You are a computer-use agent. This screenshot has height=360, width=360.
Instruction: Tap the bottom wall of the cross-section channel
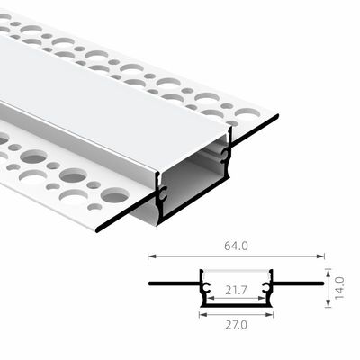pos(235,309)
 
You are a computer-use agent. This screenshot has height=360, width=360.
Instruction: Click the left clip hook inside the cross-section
pos(206,292)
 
